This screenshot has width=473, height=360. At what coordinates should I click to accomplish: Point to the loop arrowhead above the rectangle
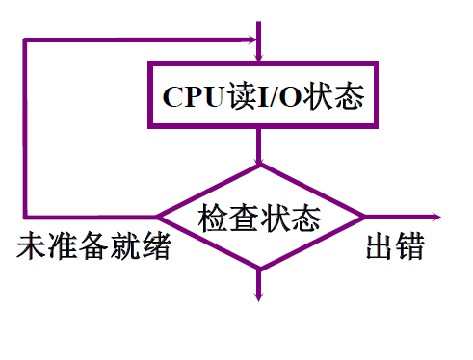pos(255,40)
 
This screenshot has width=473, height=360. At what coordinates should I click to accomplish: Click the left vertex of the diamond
pos(158,217)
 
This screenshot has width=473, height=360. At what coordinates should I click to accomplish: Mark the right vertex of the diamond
pos(363,217)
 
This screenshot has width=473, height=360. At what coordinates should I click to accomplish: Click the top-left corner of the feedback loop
pos(25,40)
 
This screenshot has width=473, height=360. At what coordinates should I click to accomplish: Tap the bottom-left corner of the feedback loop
pos(25,217)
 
